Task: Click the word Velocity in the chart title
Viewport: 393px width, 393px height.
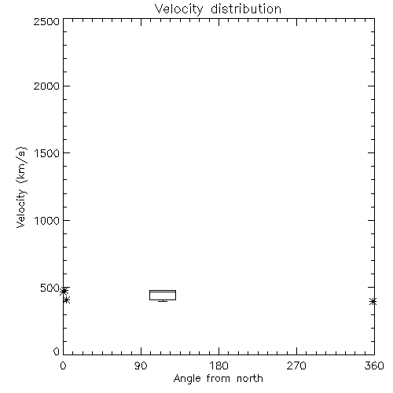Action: tap(179, 9)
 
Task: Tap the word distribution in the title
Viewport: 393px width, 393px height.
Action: tap(246, 9)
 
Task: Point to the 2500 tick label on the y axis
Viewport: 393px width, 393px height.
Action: tap(46, 21)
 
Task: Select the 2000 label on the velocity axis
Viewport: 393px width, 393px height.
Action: tap(46, 86)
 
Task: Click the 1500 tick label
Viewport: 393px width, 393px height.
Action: tap(47, 153)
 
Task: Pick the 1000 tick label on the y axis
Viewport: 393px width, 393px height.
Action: tap(47, 220)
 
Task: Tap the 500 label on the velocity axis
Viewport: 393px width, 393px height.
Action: tap(50, 288)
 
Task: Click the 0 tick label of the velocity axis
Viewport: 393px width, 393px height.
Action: tap(57, 351)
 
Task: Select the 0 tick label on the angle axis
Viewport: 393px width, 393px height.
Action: tap(63, 365)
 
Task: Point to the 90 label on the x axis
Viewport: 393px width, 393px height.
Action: tap(141, 365)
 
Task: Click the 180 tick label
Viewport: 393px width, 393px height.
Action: tap(219, 365)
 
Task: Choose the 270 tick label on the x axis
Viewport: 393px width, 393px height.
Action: tap(296, 365)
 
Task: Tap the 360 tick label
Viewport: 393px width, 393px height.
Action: tap(374, 365)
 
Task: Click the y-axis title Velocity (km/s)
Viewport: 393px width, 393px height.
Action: tap(21, 187)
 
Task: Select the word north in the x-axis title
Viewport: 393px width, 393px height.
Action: tap(250, 378)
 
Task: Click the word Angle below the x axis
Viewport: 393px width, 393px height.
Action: tap(187, 379)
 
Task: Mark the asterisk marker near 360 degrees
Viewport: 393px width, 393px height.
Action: tap(373, 302)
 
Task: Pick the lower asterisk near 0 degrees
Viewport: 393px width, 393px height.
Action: tap(66, 300)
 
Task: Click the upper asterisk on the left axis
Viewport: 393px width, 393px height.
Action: tap(64, 291)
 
